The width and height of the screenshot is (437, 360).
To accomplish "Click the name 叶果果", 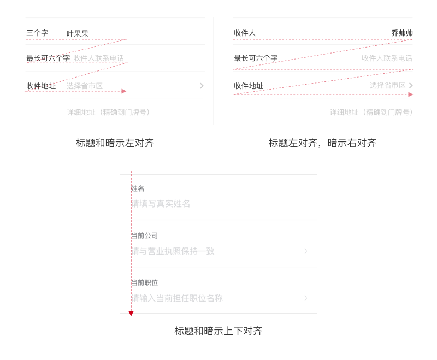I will pyautogui.click(x=78, y=33).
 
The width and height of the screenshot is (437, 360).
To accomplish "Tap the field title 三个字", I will pyautogui.click(x=37, y=33).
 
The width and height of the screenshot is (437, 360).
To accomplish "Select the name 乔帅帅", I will pyautogui.click(x=401, y=33).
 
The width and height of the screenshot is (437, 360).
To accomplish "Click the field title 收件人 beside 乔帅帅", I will pyautogui.click(x=245, y=33).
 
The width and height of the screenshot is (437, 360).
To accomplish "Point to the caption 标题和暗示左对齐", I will pyautogui.click(x=115, y=143).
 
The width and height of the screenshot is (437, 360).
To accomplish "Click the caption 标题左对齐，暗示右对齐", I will pyautogui.click(x=322, y=143).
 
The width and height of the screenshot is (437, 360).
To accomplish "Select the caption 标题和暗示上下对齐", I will pyautogui.click(x=218, y=331).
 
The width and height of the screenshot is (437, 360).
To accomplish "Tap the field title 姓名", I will pyautogui.click(x=138, y=188).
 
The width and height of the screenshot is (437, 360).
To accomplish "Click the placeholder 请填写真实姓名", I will pyautogui.click(x=161, y=204).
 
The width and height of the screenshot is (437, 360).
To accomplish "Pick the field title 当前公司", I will pyautogui.click(x=144, y=235).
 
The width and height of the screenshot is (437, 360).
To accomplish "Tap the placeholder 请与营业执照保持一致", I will pyautogui.click(x=173, y=251).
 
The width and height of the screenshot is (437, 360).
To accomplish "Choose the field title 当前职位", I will pyautogui.click(x=144, y=282).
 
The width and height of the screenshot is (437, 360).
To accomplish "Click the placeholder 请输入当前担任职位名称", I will pyautogui.click(x=177, y=298).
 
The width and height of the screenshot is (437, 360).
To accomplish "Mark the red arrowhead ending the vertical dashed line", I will pyautogui.click(x=131, y=314).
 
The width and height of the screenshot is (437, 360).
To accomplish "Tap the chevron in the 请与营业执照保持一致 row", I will pyautogui.click(x=306, y=251).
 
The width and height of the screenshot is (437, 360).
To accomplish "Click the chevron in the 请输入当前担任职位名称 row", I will pyautogui.click(x=306, y=298).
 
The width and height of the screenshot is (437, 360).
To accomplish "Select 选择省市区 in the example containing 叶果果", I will pyautogui.click(x=85, y=86).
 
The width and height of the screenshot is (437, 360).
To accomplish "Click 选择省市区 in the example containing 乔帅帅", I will pyautogui.click(x=387, y=86).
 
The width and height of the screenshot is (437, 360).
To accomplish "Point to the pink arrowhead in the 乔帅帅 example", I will pyautogui.click(x=410, y=95).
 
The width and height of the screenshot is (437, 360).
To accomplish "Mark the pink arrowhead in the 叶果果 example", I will pyautogui.click(x=124, y=91).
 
